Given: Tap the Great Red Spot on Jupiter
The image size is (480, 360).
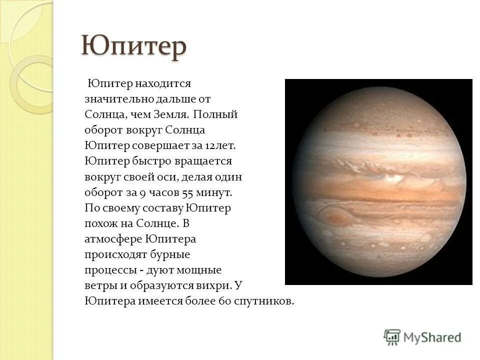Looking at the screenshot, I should [x=333, y=216].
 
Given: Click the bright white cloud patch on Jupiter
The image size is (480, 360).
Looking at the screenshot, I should [x=393, y=177].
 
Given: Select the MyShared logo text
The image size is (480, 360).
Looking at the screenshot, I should [x=432, y=337].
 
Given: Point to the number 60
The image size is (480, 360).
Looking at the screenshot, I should [x=223, y=301].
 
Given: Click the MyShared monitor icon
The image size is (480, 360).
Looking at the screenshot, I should [x=392, y=337].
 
